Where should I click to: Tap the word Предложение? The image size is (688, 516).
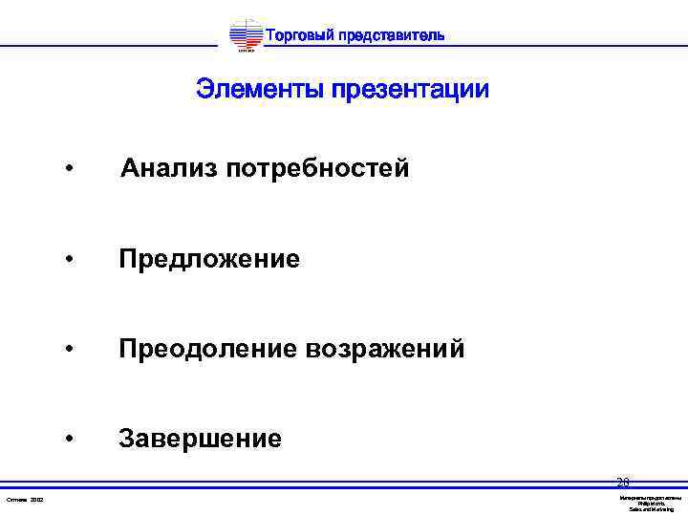209,259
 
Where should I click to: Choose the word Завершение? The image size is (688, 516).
200,439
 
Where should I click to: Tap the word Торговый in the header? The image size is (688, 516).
297,36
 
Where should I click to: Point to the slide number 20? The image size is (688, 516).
622,482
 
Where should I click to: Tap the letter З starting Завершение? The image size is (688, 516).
126,439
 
